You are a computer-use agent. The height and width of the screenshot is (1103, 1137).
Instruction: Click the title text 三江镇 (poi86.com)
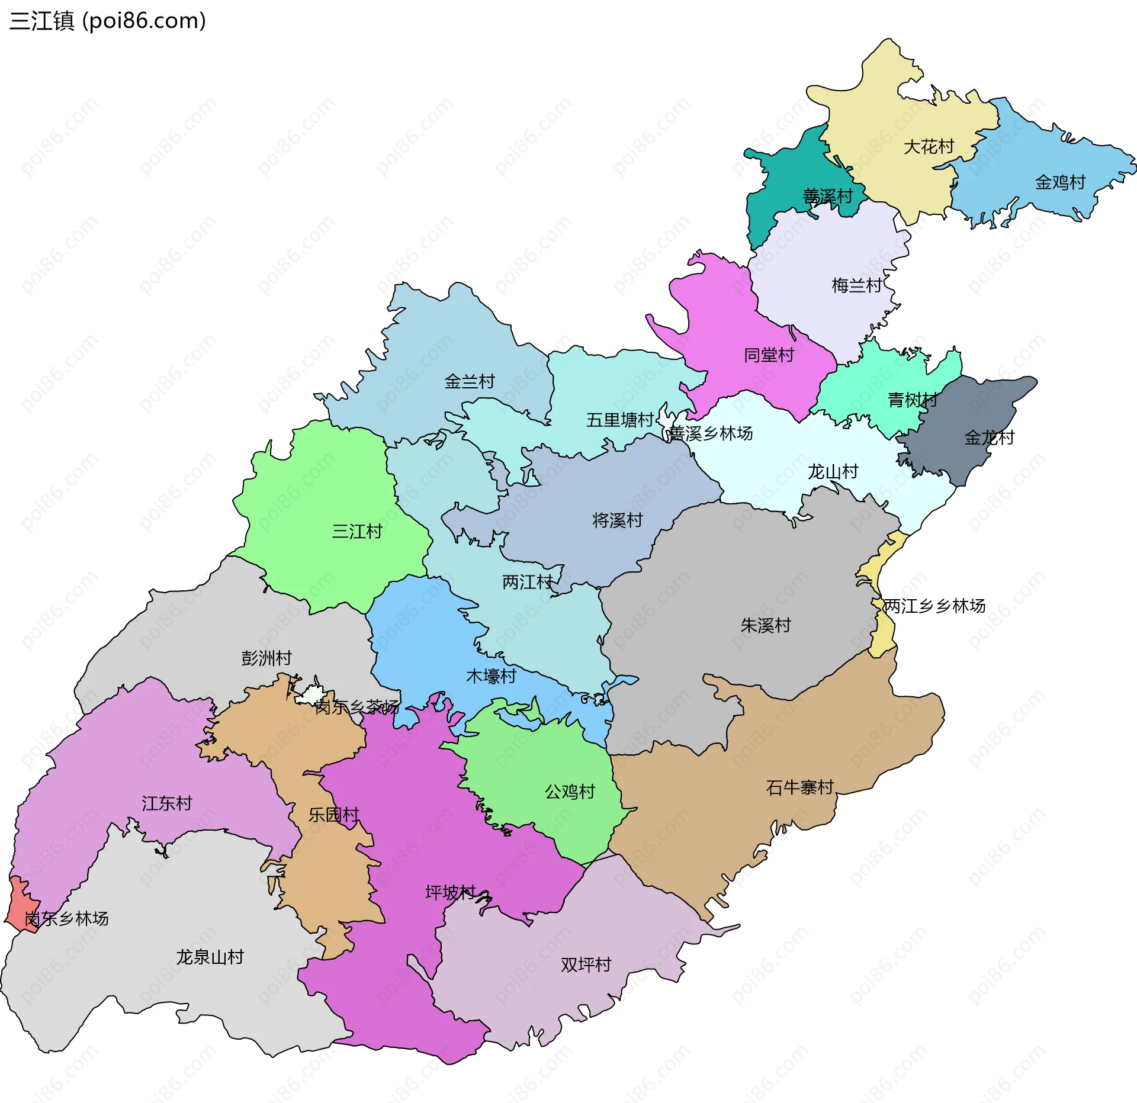coord(108,21)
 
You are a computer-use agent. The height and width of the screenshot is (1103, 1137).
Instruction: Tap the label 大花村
coord(929,146)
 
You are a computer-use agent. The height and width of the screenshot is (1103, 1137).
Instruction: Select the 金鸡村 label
coord(1060,182)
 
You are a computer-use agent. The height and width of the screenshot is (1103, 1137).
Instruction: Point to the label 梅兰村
coord(856,285)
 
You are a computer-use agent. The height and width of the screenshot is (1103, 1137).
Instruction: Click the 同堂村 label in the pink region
coord(769,355)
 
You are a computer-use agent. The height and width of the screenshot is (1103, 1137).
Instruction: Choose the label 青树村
coord(912,400)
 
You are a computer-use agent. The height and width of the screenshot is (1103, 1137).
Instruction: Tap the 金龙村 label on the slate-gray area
coord(989,438)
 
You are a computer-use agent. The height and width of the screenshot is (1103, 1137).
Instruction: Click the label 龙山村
coord(833,471)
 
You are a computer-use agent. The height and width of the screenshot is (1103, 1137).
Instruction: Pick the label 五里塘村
coord(619,420)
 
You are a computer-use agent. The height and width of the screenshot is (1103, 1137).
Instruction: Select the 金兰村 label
coord(469,381)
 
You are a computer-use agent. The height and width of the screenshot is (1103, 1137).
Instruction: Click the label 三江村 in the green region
coord(356,531)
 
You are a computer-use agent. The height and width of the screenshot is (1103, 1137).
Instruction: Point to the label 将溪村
coord(617,520)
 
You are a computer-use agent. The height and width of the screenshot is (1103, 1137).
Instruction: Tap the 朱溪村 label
coord(765,625)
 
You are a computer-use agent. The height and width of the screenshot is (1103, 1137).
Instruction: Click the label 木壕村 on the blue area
coord(491,676)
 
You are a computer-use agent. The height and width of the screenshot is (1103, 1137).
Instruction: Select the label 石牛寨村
coord(799,787)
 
